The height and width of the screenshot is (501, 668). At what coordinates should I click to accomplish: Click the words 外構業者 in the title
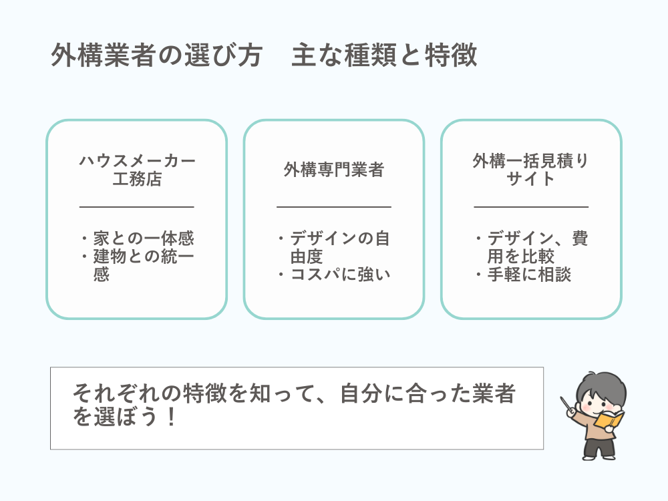(102, 55)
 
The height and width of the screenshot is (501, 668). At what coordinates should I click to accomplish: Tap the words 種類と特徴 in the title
(410, 55)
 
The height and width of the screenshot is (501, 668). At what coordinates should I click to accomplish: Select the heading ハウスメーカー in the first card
(137, 160)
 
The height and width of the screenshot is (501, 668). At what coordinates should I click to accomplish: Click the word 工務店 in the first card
(137, 179)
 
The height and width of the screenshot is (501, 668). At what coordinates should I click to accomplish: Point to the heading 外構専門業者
(334, 170)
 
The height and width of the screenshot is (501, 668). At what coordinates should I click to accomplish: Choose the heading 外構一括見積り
(531, 160)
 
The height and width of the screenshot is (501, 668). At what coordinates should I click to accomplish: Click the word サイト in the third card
(531, 179)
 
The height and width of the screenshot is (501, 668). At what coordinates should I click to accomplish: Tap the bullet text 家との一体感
(144, 238)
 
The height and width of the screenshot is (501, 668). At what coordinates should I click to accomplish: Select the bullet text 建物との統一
(144, 257)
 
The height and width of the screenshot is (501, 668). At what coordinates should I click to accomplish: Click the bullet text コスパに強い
(341, 275)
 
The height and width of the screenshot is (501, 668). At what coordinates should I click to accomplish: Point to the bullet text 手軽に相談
(530, 275)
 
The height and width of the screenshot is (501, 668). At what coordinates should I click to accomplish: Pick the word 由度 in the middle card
(307, 257)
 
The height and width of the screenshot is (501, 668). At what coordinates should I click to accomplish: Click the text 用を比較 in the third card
(521, 257)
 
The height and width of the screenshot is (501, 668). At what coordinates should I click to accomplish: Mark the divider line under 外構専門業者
(334, 207)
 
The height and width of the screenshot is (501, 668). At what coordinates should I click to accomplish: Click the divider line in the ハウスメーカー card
(137, 207)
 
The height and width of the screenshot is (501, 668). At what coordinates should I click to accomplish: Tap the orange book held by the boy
(610, 420)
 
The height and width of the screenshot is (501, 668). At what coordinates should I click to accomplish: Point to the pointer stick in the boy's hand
(566, 404)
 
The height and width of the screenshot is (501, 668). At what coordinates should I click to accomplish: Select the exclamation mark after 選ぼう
(171, 416)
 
